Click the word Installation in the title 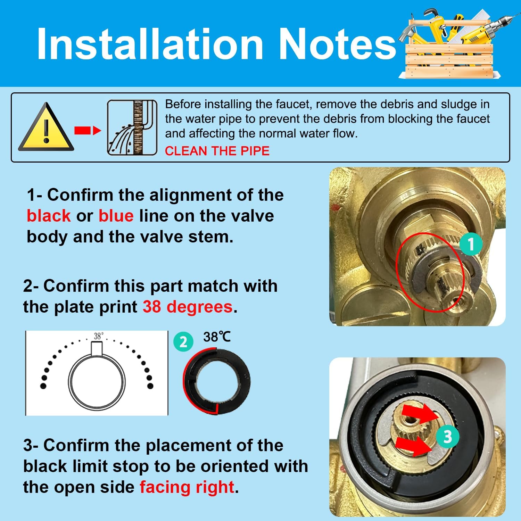(150, 44)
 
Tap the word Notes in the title (337, 44)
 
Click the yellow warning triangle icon (46, 127)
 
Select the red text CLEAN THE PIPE (217, 151)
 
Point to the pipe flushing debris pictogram (132, 127)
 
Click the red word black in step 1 (49, 216)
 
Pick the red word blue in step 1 (116, 216)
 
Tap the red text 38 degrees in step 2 (188, 307)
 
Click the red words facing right (187, 487)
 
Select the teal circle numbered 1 (471, 244)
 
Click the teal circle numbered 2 (183, 342)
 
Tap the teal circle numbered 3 (448, 436)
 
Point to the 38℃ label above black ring (217, 337)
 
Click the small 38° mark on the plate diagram (98, 336)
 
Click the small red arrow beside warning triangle (88, 131)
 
